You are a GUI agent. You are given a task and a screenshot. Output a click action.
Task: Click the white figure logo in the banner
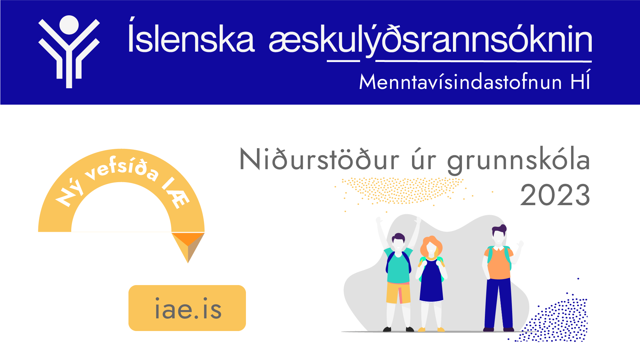coord(69,52)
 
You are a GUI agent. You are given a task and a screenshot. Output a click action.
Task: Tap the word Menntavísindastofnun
coord(461,82)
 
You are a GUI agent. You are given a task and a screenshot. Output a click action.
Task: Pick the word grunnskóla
coord(519,161)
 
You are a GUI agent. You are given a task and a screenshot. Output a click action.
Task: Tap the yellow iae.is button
coord(187,308)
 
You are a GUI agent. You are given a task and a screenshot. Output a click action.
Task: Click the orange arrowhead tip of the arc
coord(188,262)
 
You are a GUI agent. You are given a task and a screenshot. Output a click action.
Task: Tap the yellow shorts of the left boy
coord(398,292)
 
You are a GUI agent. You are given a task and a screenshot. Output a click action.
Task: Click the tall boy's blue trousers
coord(499,303)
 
